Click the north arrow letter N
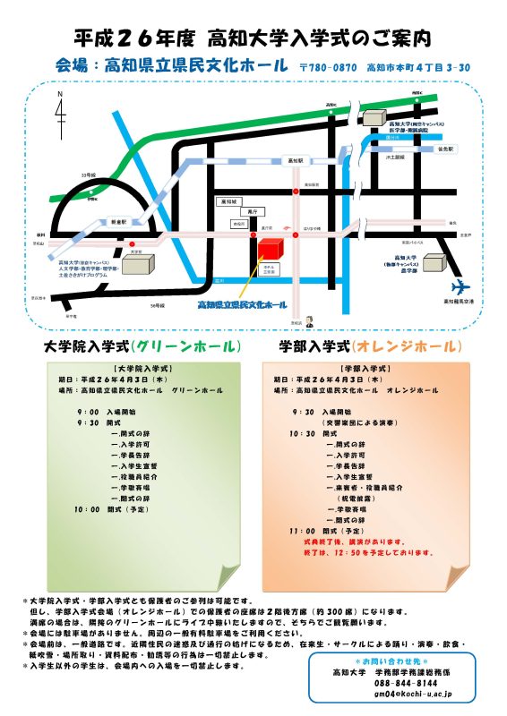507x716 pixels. click(60, 94)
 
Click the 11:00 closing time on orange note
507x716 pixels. click(303, 531)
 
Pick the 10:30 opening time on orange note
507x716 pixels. click(303, 433)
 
